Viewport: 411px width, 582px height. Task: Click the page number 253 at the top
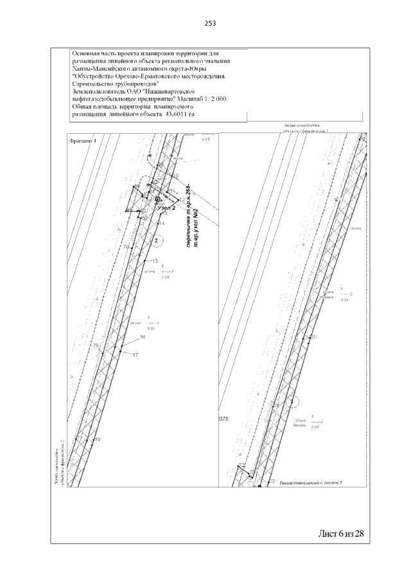pyautogui.click(x=210, y=23)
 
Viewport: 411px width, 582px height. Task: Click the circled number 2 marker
pyautogui.click(x=156, y=241)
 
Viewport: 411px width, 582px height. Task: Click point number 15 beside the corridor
pyautogui.click(x=155, y=260)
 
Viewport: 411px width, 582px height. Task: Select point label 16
pyautogui.click(x=143, y=337)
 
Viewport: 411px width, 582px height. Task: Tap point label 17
pyautogui.click(x=136, y=354)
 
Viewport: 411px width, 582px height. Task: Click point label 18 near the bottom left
pyautogui.click(x=98, y=440)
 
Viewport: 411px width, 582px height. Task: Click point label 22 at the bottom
pyautogui.click(x=272, y=481)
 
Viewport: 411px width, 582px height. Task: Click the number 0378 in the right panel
pyautogui.click(x=224, y=419)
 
